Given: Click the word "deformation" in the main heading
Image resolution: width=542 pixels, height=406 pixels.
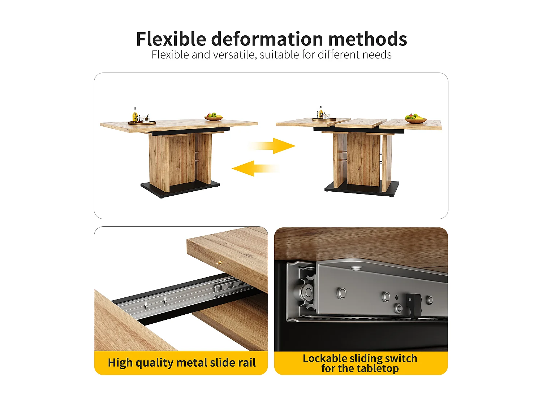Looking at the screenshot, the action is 267,39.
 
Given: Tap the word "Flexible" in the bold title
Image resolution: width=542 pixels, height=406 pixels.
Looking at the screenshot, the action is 171,39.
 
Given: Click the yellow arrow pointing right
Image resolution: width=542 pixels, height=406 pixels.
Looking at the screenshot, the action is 272,146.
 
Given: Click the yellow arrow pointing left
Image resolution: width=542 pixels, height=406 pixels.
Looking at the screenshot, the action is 255,169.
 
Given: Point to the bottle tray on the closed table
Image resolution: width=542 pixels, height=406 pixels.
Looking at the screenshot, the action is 142,122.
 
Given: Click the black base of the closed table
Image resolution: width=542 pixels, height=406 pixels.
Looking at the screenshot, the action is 180,189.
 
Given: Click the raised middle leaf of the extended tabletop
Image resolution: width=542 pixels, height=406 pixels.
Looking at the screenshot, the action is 360,123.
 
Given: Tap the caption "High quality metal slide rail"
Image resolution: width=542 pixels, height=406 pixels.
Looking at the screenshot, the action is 182,363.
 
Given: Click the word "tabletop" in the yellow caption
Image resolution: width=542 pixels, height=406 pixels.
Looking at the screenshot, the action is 378,368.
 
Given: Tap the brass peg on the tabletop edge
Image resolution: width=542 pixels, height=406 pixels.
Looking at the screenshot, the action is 219,263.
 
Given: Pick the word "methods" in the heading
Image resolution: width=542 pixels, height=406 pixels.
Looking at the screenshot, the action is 368,39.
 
